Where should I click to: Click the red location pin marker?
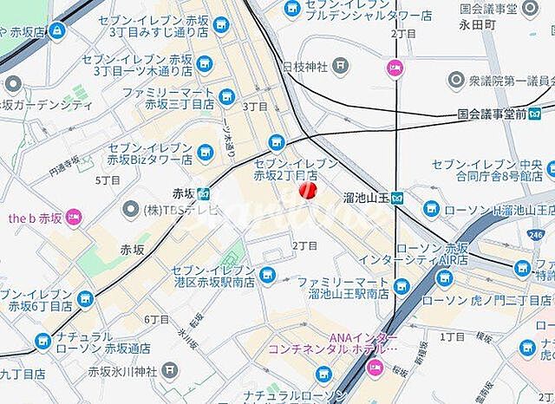coord(307,190)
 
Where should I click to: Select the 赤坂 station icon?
coord(203,193)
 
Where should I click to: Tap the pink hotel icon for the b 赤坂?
coord(73,216)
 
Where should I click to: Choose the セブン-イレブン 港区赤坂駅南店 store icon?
coord(267,276)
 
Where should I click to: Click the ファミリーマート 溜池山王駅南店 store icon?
coord(400,287)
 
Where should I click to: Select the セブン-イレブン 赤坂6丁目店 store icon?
coord(84,299)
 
